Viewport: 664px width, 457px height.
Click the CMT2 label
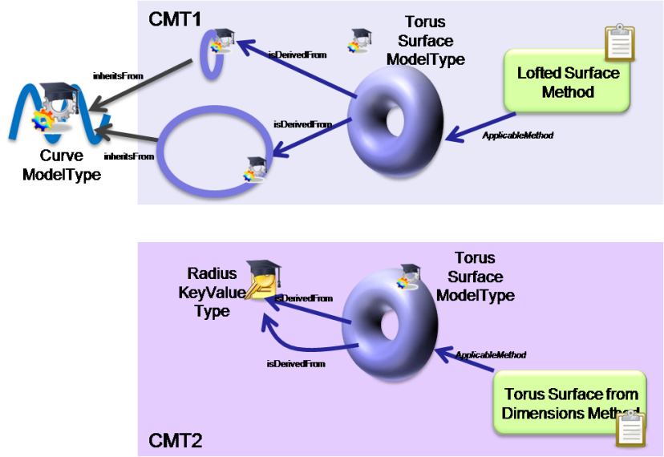[x=175, y=439]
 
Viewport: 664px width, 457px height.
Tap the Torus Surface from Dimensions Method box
[x=570, y=403]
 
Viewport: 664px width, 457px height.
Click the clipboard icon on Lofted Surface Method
[x=619, y=43]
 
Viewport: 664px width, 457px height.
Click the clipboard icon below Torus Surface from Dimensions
[x=630, y=429]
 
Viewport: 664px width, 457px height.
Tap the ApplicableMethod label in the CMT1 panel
[x=518, y=135]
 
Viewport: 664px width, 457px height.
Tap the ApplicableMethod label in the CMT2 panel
[x=491, y=354]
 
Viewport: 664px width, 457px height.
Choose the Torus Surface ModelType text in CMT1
[x=425, y=41]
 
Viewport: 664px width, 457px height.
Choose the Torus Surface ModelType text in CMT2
[x=475, y=277]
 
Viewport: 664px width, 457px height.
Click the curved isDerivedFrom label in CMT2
[x=296, y=364]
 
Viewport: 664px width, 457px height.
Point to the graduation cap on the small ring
[x=224, y=36]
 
